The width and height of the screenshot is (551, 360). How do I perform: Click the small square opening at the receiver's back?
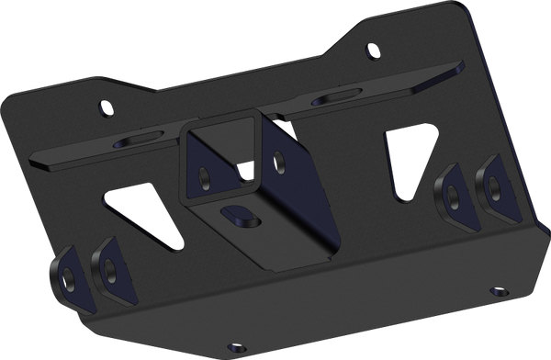(245, 167)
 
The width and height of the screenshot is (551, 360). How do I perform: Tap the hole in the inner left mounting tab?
(109, 269)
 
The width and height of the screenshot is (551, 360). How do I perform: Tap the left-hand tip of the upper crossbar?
(34, 162)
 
